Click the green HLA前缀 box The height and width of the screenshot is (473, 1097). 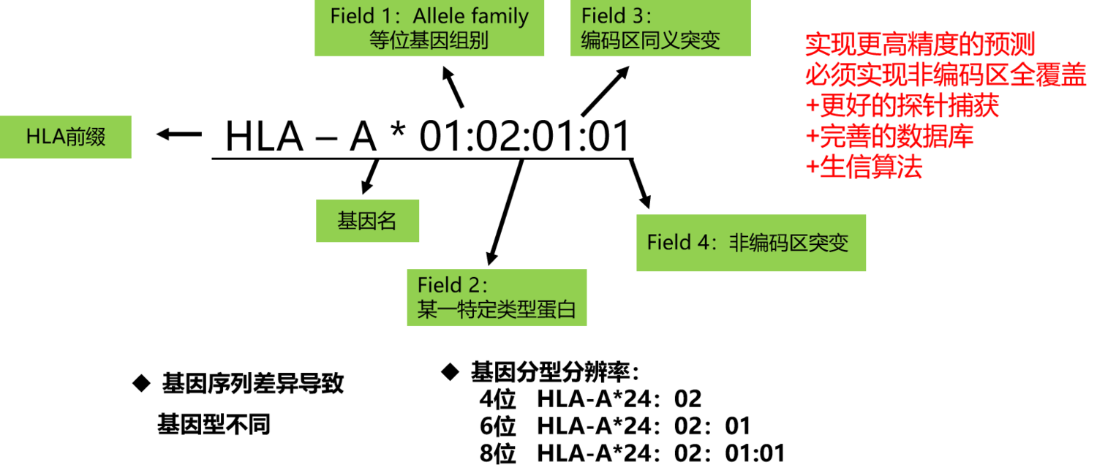[66, 137]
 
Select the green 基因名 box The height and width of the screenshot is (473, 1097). [367, 221]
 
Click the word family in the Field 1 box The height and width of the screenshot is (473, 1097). [500, 16]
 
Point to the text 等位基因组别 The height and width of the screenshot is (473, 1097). [429, 39]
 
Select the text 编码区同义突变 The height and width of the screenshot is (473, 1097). [650, 39]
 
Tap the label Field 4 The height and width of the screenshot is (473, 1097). [678, 243]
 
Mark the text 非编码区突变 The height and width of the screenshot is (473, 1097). [788, 243]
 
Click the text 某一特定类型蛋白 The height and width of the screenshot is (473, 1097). [497, 309]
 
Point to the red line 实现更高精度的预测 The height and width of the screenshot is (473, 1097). [920, 45]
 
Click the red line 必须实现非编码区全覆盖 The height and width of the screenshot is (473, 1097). [945, 76]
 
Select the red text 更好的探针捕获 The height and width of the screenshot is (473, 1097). [909, 107]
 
